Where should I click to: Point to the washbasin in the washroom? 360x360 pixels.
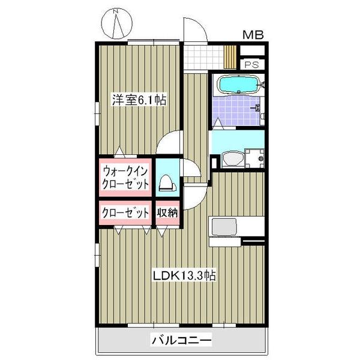click(x=231, y=158)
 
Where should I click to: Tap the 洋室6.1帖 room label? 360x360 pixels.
click(x=137, y=100)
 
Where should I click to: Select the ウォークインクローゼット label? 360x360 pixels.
click(x=125, y=177)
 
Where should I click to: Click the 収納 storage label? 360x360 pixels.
click(x=167, y=212)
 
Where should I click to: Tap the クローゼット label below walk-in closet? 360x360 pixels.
click(x=125, y=212)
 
